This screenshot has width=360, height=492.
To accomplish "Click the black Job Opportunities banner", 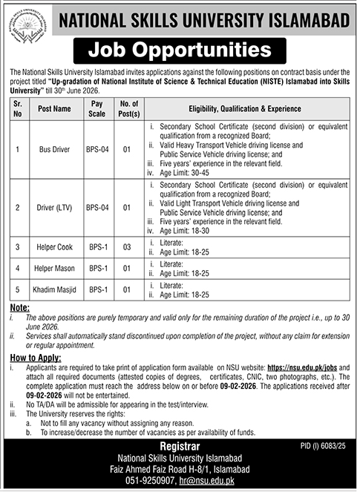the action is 179,51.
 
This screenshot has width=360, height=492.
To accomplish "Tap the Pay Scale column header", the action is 97,108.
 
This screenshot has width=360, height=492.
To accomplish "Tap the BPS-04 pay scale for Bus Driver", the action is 97,149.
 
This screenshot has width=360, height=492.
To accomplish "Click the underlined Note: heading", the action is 20,306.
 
